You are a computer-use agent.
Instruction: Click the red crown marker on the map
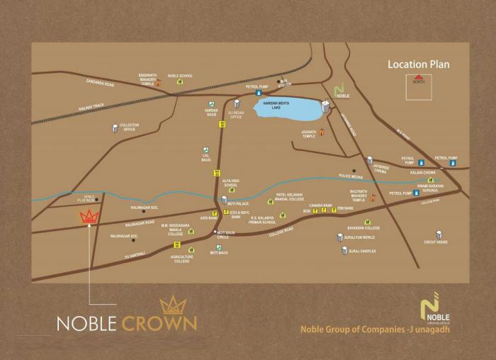[x=89, y=217]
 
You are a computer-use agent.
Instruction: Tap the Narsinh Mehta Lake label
[x=272, y=105]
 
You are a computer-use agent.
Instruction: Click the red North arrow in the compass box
[x=419, y=77]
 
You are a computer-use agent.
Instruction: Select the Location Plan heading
[x=418, y=64]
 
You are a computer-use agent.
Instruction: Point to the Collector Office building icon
[x=115, y=128]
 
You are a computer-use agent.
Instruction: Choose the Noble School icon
[x=180, y=81]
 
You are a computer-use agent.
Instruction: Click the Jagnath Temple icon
[x=321, y=132]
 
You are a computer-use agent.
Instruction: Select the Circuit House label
[x=436, y=242]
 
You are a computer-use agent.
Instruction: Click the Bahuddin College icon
[x=367, y=222]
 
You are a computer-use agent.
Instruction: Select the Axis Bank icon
[x=214, y=213]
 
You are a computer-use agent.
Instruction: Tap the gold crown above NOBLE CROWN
[x=173, y=305]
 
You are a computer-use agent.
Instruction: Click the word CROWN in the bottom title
[x=159, y=323]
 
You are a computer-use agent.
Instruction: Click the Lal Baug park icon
[x=205, y=150]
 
